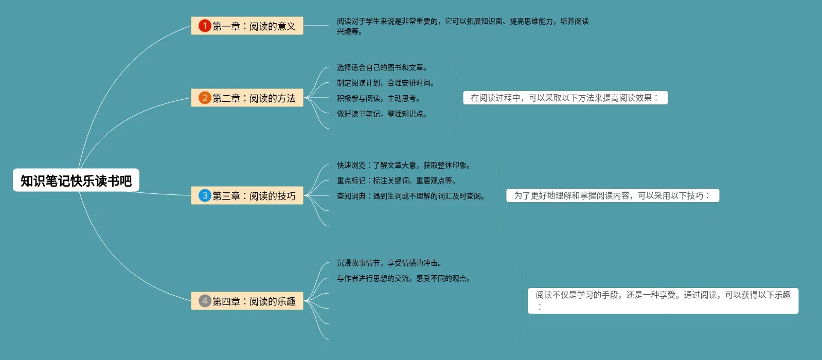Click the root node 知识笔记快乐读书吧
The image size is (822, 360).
tap(76, 181)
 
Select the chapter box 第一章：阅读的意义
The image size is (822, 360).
tap(247, 26)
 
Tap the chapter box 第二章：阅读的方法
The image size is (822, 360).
tap(247, 98)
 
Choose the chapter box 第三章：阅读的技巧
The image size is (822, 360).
tap(247, 195)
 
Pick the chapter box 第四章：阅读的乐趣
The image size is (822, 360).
tap(247, 301)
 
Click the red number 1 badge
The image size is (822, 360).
tap(205, 26)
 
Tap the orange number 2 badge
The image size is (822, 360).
tap(205, 98)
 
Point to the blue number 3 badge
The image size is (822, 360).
tap(205, 195)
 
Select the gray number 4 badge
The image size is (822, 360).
tap(205, 301)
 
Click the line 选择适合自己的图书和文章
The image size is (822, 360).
tap(382, 67)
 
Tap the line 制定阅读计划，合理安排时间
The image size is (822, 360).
tap(386, 83)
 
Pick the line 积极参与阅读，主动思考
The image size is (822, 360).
tap(379, 98)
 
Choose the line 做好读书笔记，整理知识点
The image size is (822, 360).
tap(382, 114)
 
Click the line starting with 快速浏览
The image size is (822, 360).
tap(404, 165)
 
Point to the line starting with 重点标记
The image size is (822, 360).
tap(397, 181)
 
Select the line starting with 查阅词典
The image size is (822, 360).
tap(411, 196)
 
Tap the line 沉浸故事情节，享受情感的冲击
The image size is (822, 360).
tap(389, 263)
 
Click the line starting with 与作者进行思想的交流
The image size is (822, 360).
tap(404, 278)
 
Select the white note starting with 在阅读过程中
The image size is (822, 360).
tap(565, 98)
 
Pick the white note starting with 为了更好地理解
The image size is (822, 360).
tap(612, 195)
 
